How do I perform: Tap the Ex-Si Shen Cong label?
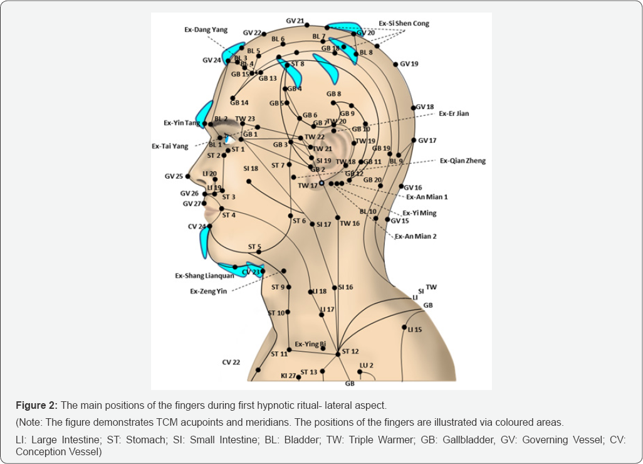404,24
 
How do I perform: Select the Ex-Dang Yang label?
206,29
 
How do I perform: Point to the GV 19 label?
409,64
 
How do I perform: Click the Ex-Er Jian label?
454,114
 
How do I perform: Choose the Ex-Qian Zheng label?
463,161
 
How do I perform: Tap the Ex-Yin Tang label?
182,123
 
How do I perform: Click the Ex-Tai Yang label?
170,146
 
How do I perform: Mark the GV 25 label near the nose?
174,177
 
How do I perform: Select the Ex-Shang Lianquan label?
204,275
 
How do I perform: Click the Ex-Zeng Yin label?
209,292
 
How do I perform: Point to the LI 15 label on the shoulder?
414,330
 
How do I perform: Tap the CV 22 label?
231,362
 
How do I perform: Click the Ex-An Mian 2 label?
416,236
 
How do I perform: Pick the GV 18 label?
425,107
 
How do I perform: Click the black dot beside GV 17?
414,140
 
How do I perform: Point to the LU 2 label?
366,366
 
